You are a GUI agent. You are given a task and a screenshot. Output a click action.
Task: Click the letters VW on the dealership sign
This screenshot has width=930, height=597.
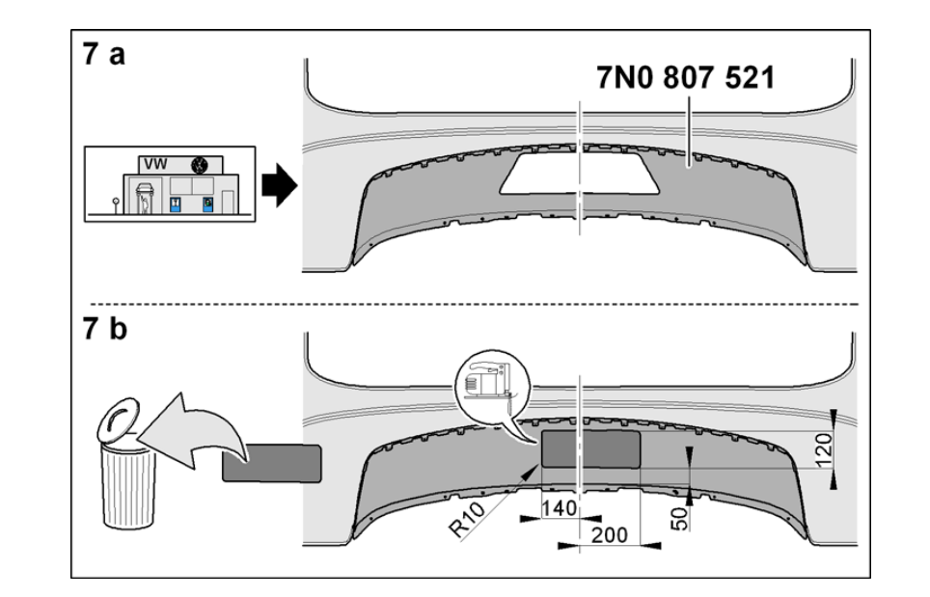coord(157,164)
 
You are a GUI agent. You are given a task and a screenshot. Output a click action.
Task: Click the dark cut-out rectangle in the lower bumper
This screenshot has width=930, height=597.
coord(590,449)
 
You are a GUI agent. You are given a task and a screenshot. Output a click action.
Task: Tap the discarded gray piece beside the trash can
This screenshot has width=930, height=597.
coord(271,463)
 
